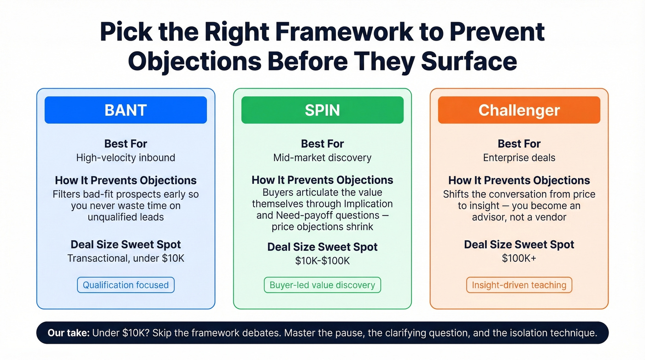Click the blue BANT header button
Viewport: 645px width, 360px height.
[125, 110]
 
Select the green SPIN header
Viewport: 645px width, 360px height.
[322, 110]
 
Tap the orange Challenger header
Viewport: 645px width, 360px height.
[519, 110]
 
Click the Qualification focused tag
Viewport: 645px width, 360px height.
[125, 285]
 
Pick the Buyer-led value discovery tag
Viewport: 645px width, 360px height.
[322, 285]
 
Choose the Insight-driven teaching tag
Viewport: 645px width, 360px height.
[519, 285]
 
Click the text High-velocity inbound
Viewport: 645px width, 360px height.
[125, 158]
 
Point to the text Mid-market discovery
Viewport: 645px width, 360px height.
[322, 158]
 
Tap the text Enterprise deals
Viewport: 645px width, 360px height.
[519, 158]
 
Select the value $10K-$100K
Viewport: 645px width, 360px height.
[322, 261]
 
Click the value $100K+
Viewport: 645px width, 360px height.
[519, 258]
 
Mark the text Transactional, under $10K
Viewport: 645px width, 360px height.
[125, 258]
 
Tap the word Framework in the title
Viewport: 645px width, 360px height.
[333, 33]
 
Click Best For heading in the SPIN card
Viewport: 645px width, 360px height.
[322, 144]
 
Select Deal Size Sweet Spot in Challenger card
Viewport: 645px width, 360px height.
[519, 244]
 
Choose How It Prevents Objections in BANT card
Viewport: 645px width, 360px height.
[125, 180]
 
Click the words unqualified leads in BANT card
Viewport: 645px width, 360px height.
[125, 217]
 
